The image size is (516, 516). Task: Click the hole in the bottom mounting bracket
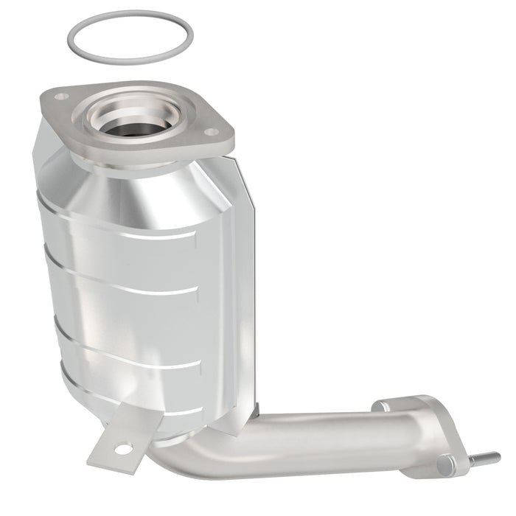tap(123, 448)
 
